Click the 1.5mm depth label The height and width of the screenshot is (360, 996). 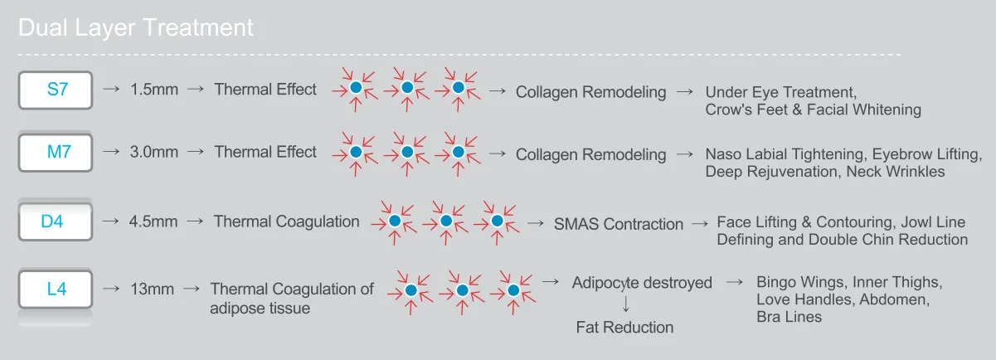coord(154,90)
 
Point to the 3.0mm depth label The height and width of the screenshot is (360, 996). coord(154,153)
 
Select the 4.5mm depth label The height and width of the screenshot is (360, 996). coord(154,222)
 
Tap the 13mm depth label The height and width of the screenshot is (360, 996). coord(152,289)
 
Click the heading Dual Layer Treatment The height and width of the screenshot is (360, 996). coord(135,27)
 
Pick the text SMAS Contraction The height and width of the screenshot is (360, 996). coord(618,224)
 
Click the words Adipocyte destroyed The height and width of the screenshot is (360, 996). coord(642,283)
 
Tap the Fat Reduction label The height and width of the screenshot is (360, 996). coord(624,328)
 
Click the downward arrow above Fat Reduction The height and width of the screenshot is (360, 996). coord(624,304)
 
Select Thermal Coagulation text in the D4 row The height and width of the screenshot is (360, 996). coord(287,221)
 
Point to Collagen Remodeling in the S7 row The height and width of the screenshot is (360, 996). coord(590,92)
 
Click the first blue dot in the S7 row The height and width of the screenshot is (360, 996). coord(355,88)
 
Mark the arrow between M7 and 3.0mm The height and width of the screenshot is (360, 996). coord(110,153)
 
